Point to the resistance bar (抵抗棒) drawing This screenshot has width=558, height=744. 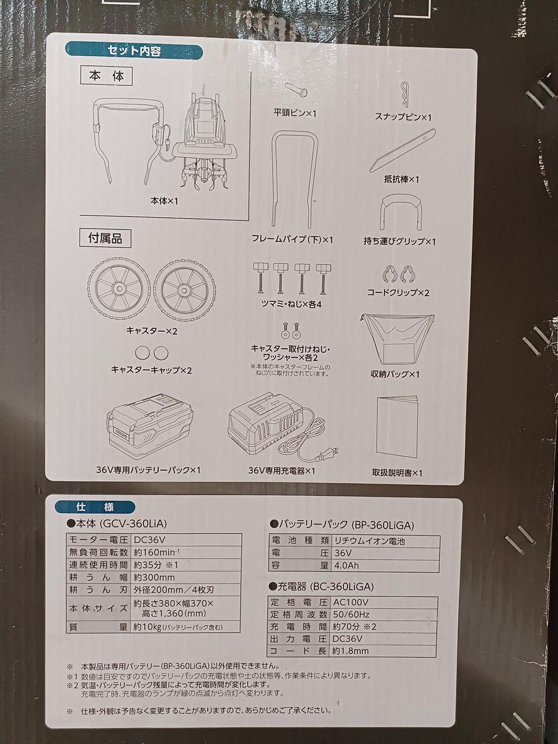(x=402, y=150)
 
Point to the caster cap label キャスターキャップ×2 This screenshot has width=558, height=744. (x=152, y=370)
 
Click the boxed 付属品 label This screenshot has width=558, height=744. (x=105, y=239)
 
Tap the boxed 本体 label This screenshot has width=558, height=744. (x=106, y=77)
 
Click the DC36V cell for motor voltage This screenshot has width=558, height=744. (x=185, y=539)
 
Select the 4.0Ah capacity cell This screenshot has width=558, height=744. (x=385, y=566)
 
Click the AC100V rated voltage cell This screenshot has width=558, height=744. (x=384, y=602)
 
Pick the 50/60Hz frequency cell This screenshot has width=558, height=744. (x=384, y=614)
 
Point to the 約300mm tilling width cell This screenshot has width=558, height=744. (x=185, y=578)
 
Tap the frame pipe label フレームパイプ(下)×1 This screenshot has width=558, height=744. (x=292, y=239)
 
